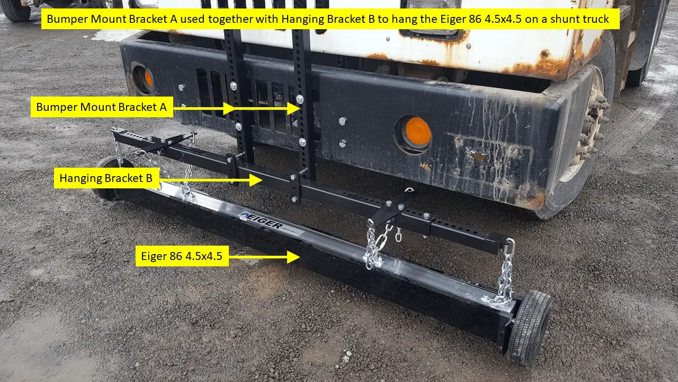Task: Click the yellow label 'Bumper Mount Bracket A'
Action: click(101, 108)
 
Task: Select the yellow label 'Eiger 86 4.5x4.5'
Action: click(182, 257)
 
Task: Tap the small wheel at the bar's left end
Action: click(106, 178)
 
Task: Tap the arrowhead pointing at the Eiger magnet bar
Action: click(294, 257)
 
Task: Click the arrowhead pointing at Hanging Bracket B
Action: click(256, 180)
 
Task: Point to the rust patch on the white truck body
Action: click(535, 66)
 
